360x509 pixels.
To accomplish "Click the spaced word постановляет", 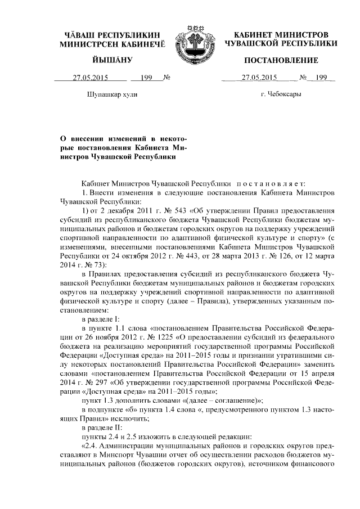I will pyautogui.click(x=270, y=183).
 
